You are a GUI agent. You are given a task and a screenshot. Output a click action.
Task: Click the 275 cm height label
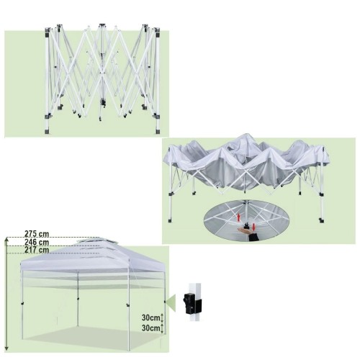coord(37,234)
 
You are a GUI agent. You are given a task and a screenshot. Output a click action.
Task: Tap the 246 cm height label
coord(37,242)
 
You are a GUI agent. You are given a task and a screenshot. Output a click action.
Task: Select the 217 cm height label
coord(37,250)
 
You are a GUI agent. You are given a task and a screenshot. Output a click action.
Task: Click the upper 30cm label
coord(150,318)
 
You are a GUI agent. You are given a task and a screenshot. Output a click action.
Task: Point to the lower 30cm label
coord(150,328)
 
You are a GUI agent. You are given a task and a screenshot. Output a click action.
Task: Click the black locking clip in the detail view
coord(192,302)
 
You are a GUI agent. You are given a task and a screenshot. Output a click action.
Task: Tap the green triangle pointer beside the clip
coord(171,300)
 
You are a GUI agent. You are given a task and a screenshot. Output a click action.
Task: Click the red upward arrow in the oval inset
coord(238,217)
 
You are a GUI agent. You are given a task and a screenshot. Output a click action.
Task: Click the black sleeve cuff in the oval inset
coord(254,238)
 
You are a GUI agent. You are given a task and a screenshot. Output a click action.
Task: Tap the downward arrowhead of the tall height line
coord(6,348)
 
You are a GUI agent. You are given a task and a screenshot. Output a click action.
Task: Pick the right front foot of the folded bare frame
coord(158,132)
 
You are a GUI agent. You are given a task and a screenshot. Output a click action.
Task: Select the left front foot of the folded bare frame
coord(48,132)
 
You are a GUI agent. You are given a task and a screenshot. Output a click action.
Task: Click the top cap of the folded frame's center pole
coord(102,25)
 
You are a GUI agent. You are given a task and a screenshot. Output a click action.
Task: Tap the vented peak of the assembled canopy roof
coord(96,240)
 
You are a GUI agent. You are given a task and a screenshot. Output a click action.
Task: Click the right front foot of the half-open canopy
coord(322,220)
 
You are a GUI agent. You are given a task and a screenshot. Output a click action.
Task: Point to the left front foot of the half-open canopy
coord(170,220)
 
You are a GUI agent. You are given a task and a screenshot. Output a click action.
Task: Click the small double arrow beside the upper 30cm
coord(162,318)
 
